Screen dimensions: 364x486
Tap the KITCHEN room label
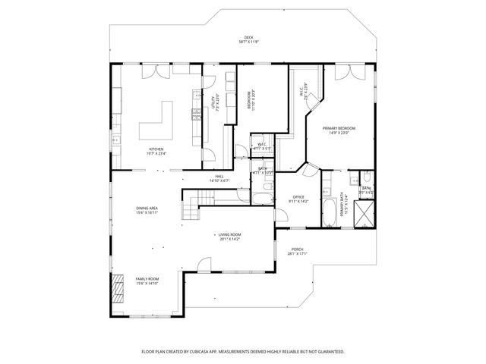[x=156, y=149]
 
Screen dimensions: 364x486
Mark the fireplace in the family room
[x=117, y=289]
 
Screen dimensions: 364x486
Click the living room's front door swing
[x=203, y=265]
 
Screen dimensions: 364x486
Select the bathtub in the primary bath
[x=330, y=212]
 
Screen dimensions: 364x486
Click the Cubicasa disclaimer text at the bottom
[x=243, y=352]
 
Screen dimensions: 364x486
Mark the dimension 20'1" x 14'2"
[x=229, y=240]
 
